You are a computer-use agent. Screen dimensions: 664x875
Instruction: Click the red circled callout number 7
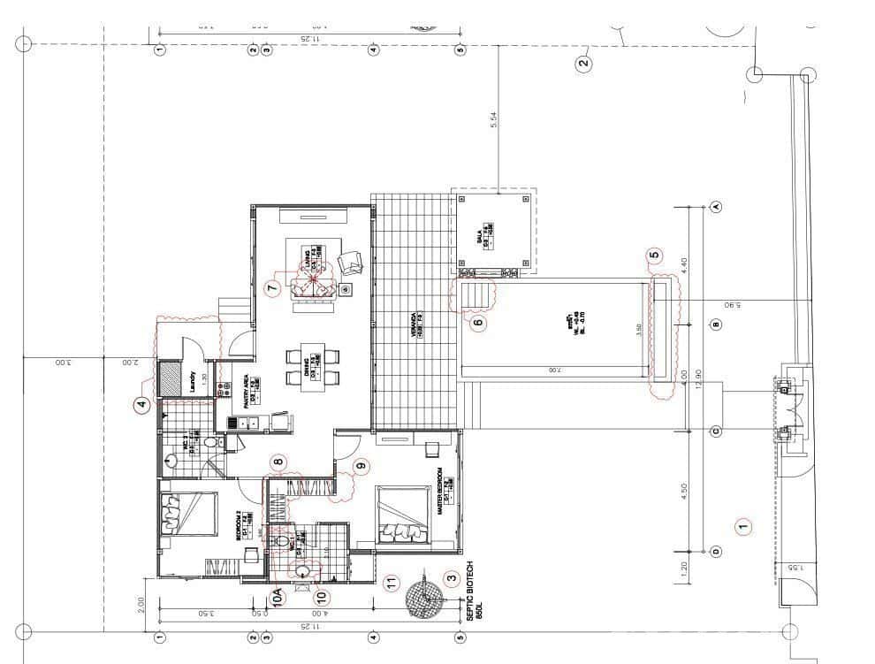click(272, 287)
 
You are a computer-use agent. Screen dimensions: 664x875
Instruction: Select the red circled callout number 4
click(141, 406)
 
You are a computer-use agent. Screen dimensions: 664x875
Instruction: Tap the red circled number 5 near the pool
click(654, 256)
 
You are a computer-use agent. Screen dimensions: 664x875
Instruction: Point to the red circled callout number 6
click(478, 324)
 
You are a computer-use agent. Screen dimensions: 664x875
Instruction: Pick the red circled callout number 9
click(360, 466)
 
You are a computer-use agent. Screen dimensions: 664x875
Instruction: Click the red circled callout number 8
click(278, 461)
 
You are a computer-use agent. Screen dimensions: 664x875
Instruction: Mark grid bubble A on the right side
click(716, 206)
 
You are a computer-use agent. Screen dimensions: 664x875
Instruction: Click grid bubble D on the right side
click(716, 552)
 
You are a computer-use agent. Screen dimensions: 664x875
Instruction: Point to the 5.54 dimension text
click(494, 121)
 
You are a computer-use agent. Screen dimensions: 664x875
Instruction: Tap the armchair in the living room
click(351, 263)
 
